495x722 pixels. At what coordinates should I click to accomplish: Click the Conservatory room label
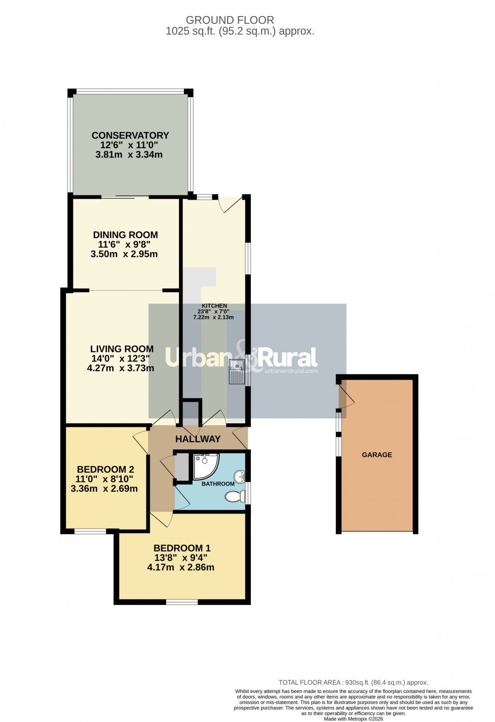[x=130, y=136]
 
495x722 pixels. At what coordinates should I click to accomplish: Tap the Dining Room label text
[x=125, y=235]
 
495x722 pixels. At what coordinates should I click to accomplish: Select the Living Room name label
[x=122, y=349]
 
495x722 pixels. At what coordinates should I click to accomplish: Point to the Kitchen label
[x=214, y=306]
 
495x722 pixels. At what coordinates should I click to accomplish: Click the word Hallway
[x=198, y=439]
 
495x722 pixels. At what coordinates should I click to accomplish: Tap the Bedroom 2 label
[x=105, y=469]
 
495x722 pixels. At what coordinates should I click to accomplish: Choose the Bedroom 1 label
[x=182, y=548]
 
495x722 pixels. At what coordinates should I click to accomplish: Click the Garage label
[x=377, y=455]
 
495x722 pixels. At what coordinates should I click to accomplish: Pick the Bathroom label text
[x=218, y=484]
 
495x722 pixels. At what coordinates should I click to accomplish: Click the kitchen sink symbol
[x=237, y=372]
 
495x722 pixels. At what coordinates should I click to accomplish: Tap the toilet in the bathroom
[x=235, y=497]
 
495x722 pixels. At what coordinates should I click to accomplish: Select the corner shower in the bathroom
[x=204, y=465]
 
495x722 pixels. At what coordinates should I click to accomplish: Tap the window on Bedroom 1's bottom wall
[x=182, y=602]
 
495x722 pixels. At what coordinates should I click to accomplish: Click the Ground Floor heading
[x=230, y=20]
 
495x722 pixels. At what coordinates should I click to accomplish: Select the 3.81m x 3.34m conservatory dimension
[x=129, y=155]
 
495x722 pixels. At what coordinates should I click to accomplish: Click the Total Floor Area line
[x=353, y=682]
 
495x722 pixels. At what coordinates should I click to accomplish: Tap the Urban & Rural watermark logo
[x=242, y=359]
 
